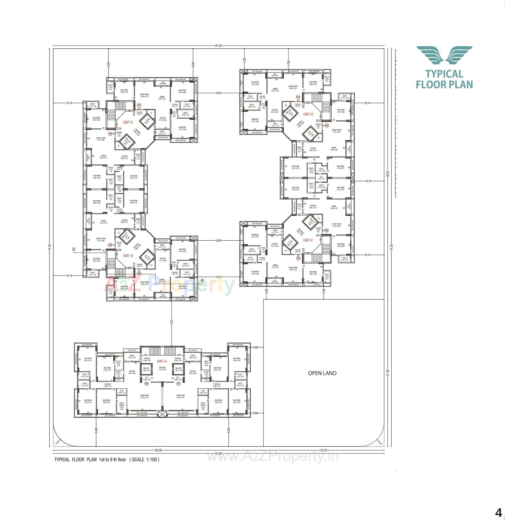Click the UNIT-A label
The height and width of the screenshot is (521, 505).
pos(161,361)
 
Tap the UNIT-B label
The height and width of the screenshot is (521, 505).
pos(128,256)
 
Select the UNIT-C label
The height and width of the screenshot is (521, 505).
pos(128,122)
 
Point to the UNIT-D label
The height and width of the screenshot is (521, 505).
pos(308,114)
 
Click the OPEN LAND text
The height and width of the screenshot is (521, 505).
pos(322,373)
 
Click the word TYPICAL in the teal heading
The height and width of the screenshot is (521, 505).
pos(444,74)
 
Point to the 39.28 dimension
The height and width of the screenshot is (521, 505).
pos(158,450)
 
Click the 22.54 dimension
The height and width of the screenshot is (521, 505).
pos(324,450)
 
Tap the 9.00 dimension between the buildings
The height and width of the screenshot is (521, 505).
pos(219,241)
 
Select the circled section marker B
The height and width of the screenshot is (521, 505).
pos(202,280)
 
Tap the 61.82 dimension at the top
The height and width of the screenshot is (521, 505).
pos(219,45)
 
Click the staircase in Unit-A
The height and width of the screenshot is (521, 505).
pos(161,350)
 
